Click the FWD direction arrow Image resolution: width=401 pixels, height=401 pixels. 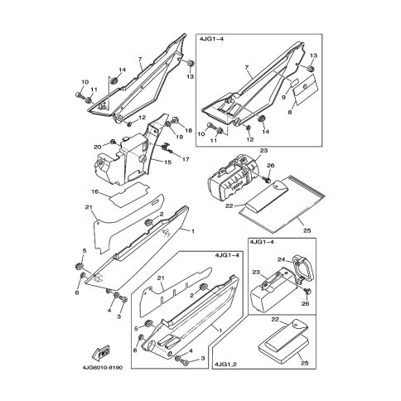click(x=100, y=352)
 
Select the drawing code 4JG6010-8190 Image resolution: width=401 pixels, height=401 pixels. click(x=102, y=368)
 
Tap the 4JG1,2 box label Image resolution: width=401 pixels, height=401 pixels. click(x=225, y=365)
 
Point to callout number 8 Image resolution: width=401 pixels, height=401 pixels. click(x=290, y=113)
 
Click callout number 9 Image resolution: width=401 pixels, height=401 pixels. click(x=283, y=97)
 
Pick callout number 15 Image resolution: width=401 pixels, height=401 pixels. click(x=167, y=162)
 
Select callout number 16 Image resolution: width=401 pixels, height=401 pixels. click(x=94, y=191)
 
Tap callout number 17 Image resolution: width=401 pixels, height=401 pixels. click(x=186, y=159)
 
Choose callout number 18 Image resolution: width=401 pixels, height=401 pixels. click(x=188, y=130)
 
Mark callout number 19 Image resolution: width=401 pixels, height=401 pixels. click(x=179, y=137)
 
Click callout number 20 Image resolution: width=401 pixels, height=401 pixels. click(x=98, y=147)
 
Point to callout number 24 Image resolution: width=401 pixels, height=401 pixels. click(x=282, y=259)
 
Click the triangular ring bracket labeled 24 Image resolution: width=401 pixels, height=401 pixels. click(x=304, y=266)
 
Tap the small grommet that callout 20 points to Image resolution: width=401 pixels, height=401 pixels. click(x=113, y=142)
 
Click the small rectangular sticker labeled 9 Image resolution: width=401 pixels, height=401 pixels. click(x=295, y=82)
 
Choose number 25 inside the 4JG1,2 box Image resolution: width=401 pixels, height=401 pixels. click(x=305, y=363)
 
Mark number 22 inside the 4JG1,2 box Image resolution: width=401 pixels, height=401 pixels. click(x=275, y=319)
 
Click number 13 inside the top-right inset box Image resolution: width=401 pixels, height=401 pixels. click(x=313, y=56)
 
